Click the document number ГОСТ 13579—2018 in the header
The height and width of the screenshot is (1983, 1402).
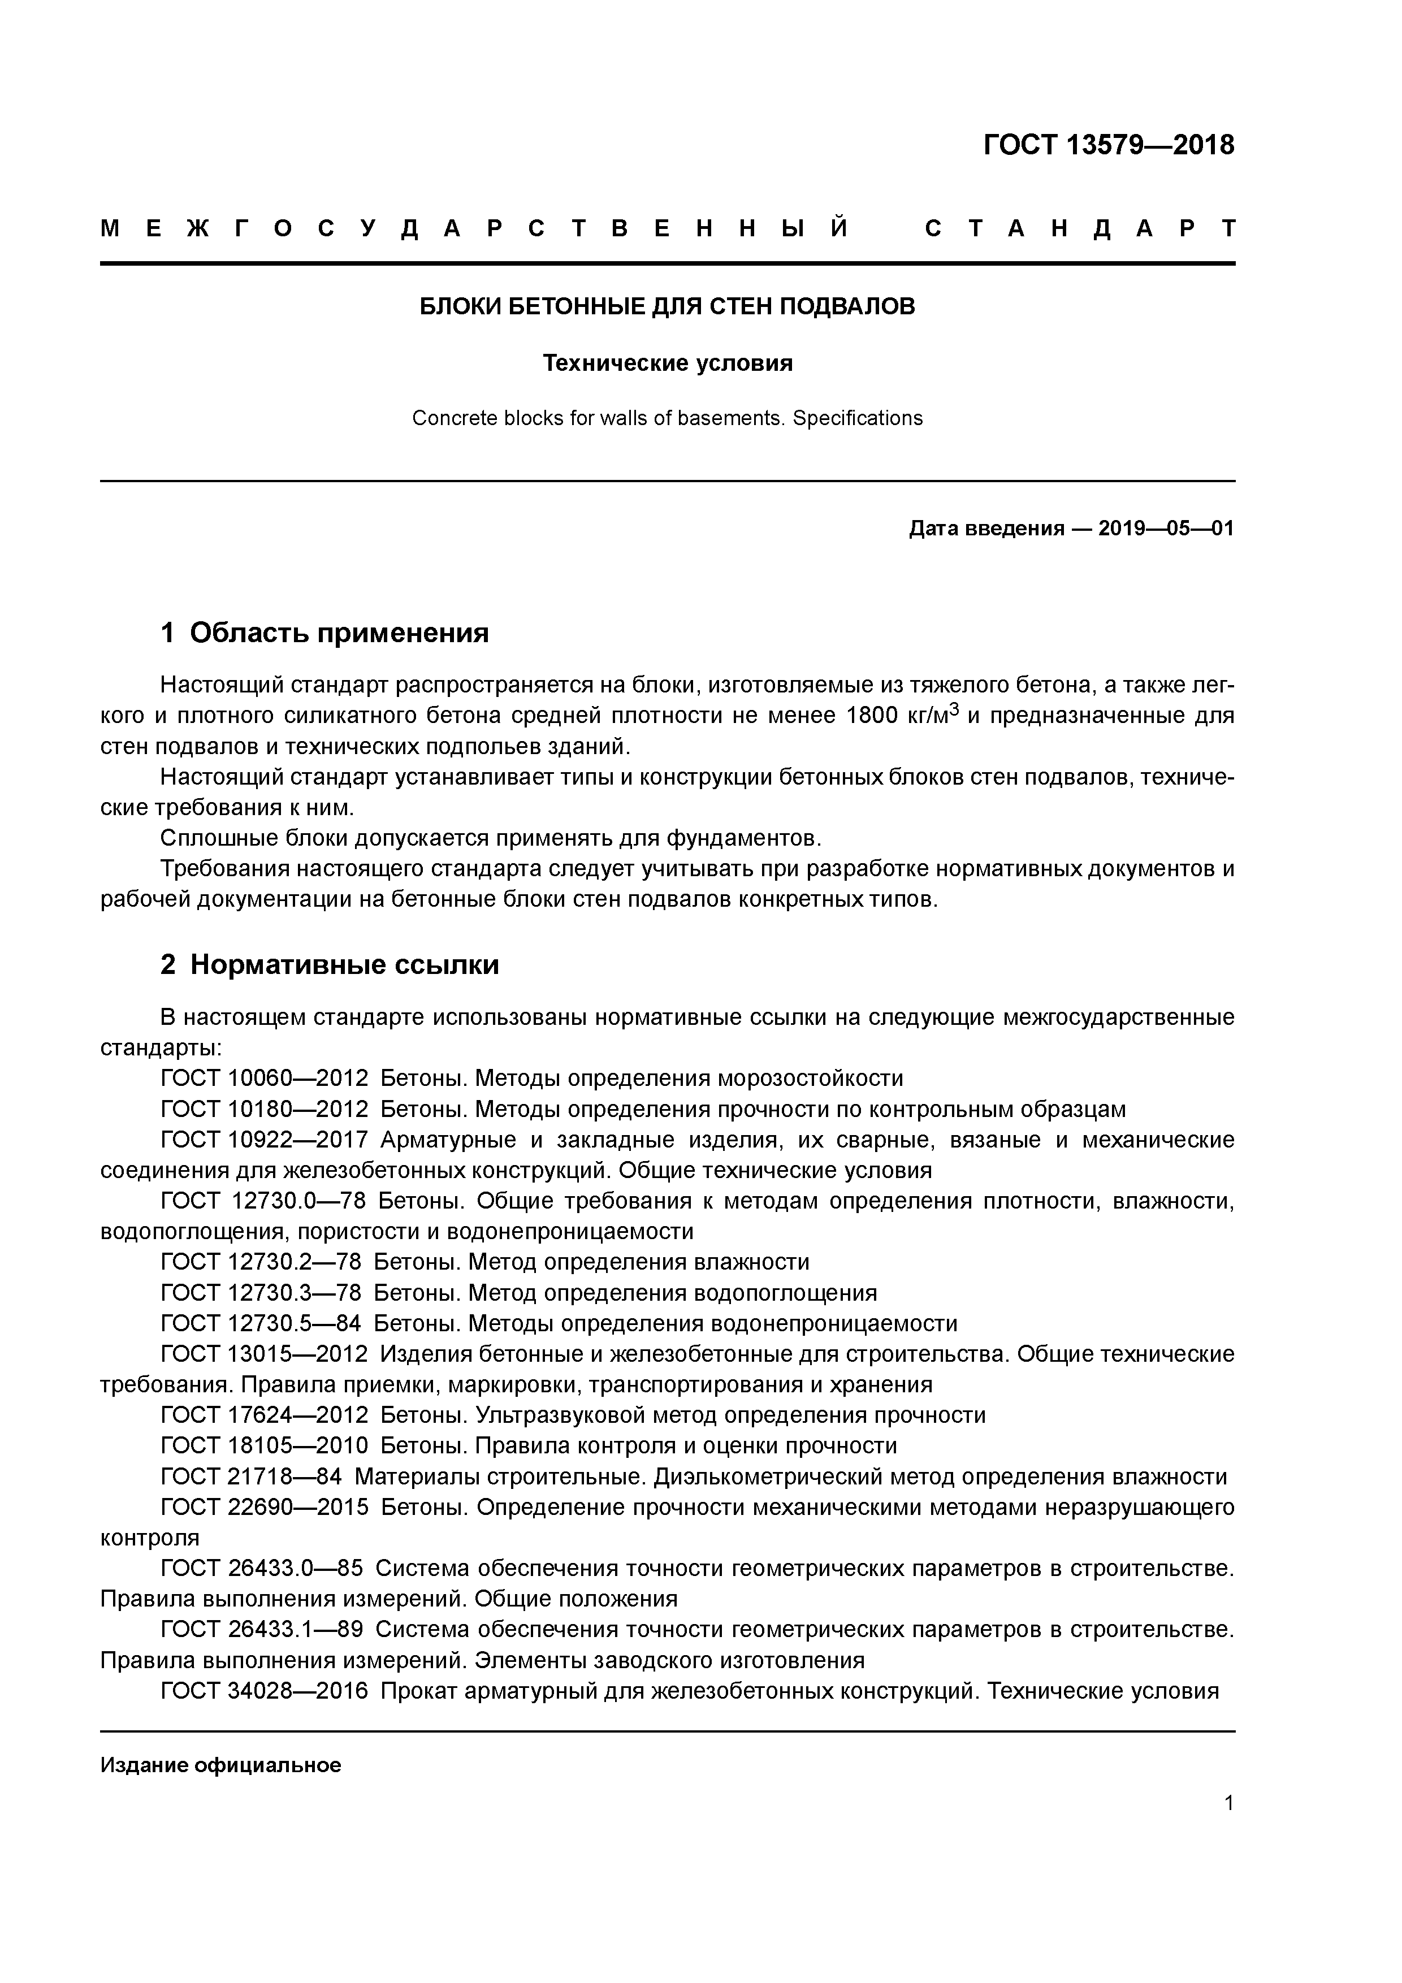pyautogui.click(x=1109, y=145)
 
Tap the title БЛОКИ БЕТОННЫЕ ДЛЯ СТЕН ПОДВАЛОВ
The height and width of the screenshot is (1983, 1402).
pyautogui.click(x=667, y=306)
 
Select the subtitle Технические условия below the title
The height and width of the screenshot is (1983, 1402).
pyautogui.click(x=667, y=363)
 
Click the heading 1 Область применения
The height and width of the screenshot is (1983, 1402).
pyautogui.click(x=325, y=633)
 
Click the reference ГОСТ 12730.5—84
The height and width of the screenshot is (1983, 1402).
pyautogui.click(x=261, y=1324)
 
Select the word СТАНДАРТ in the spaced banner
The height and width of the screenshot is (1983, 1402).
pyautogui.click(x=1080, y=229)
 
